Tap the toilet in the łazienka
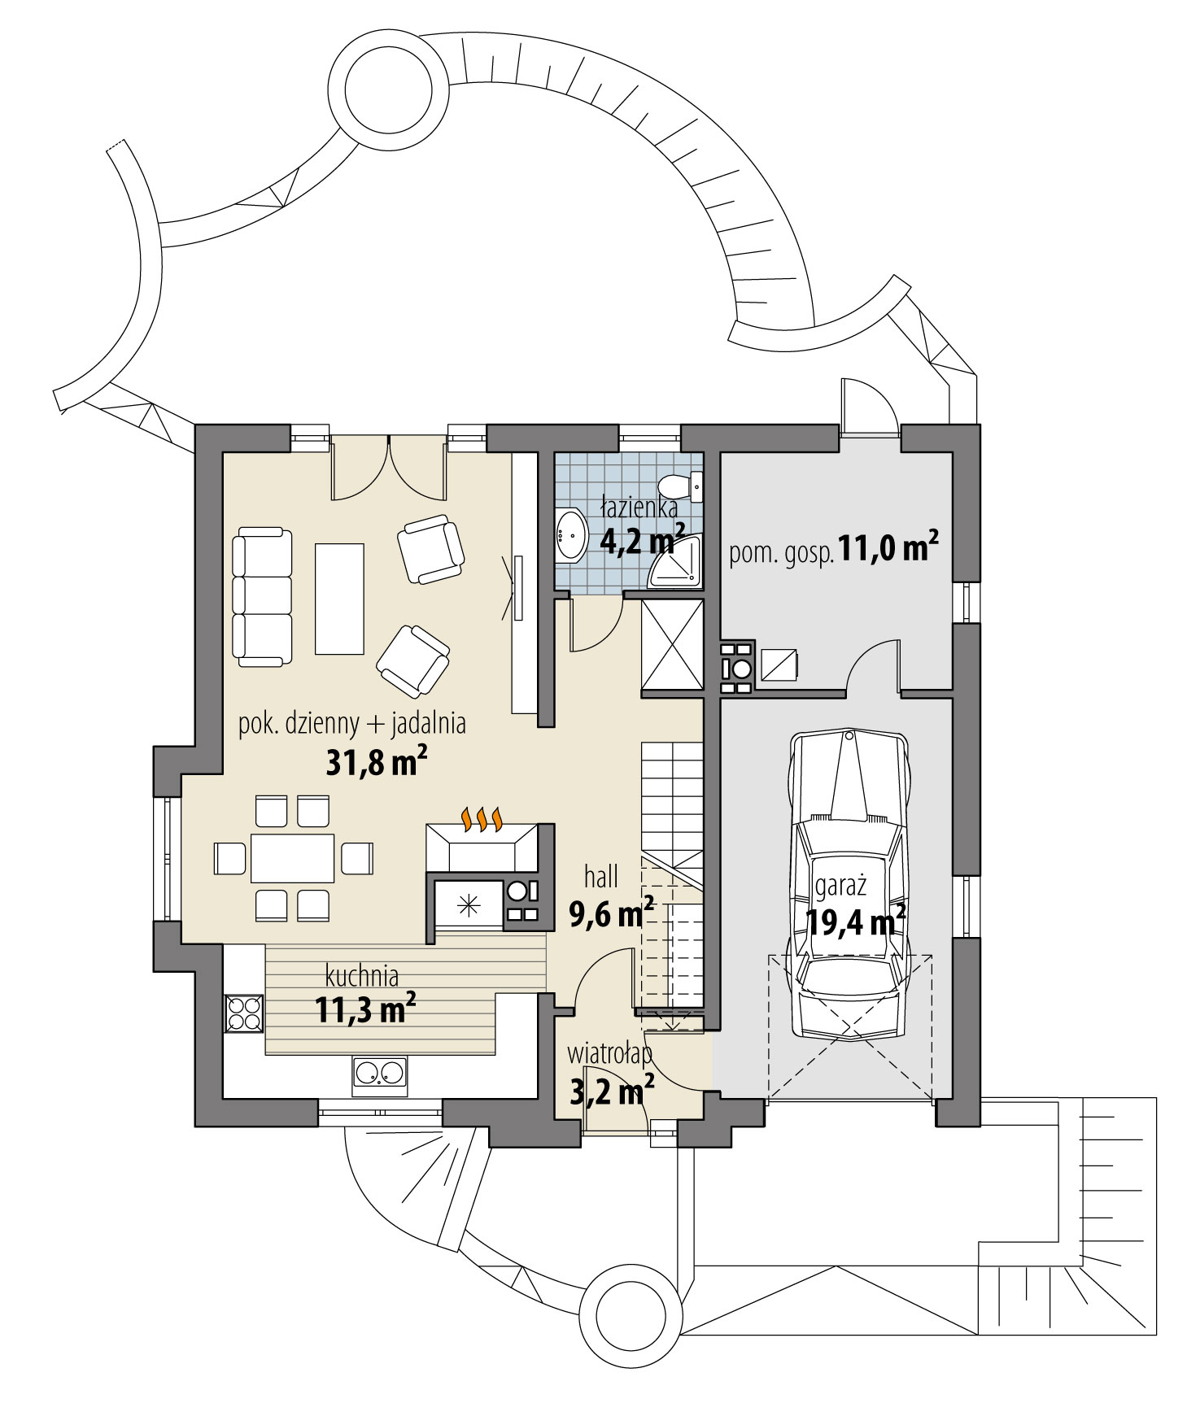click(677, 486)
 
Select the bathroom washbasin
click(569, 536)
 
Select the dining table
click(292, 858)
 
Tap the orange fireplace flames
click(483, 819)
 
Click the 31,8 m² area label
click(376, 762)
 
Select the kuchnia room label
click(361, 974)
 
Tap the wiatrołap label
click(609, 1054)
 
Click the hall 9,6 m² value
click(611, 915)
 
